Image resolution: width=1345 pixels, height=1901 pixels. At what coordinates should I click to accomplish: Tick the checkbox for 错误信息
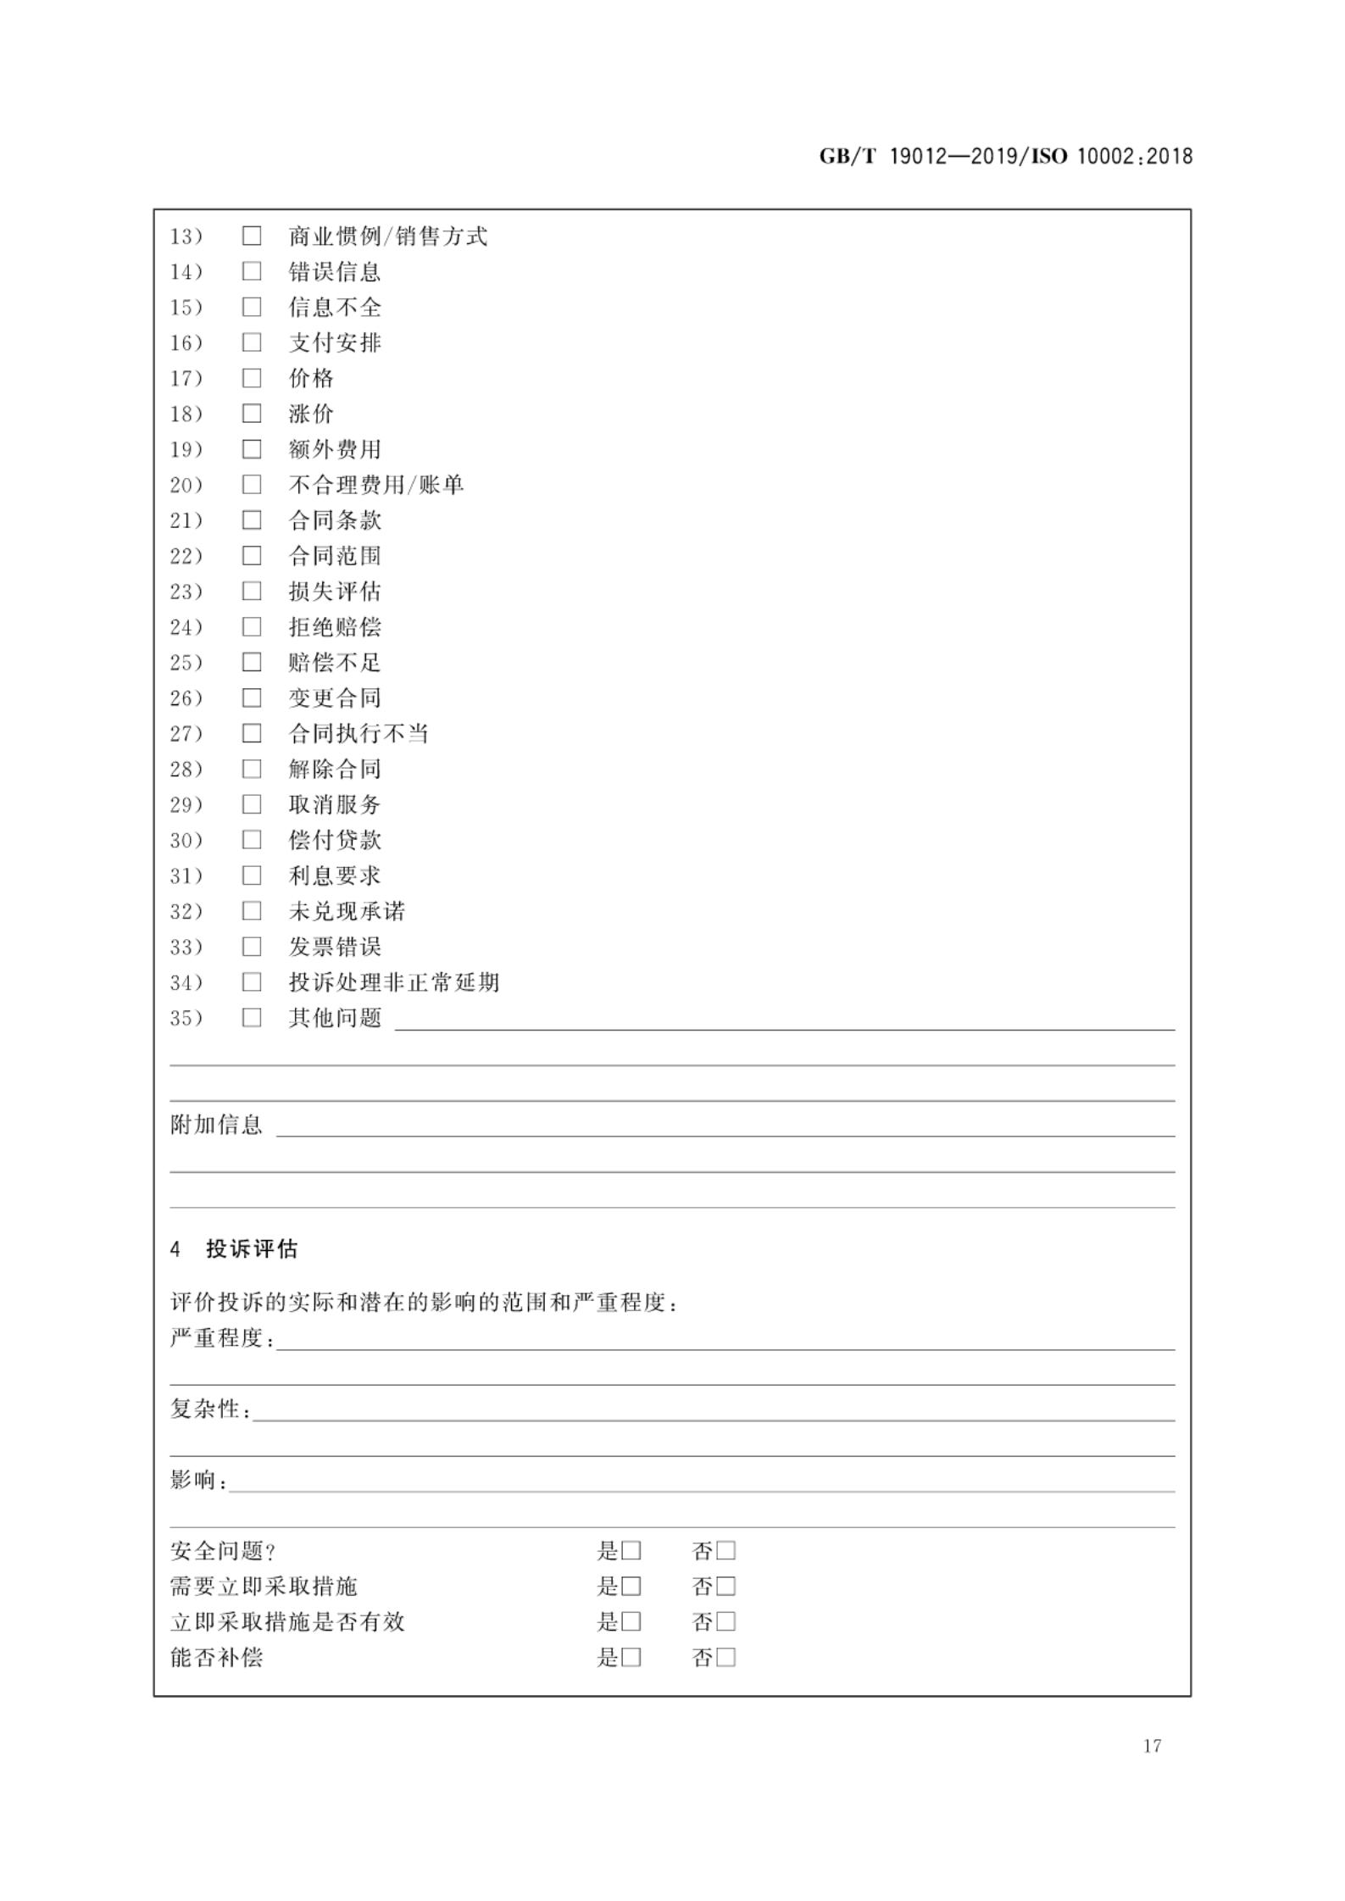click(252, 271)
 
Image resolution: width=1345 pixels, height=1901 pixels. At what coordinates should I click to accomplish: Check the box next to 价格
click(252, 378)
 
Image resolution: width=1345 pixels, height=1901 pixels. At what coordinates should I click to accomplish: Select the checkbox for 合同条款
click(252, 520)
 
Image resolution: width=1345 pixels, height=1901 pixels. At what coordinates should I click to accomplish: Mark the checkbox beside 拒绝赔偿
click(252, 627)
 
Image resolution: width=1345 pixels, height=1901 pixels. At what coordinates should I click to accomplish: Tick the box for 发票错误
click(252, 947)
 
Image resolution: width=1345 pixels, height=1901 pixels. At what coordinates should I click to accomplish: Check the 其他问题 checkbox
click(252, 1018)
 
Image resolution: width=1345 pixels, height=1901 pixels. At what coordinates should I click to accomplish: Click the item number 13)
click(186, 236)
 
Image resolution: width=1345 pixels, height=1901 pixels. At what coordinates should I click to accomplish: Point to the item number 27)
click(186, 734)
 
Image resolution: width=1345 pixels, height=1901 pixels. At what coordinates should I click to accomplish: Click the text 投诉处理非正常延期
click(394, 982)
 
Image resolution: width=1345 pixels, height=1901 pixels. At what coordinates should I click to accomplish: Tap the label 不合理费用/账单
click(376, 485)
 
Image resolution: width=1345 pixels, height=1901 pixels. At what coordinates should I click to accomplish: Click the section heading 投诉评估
click(252, 1249)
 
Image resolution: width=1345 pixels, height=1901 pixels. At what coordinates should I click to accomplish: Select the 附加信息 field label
click(217, 1125)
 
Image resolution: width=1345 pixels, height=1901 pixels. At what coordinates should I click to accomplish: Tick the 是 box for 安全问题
click(631, 1551)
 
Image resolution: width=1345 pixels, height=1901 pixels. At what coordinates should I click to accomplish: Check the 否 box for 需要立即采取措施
click(726, 1587)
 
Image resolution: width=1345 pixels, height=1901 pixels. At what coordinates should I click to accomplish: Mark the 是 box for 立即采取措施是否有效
click(631, 1622)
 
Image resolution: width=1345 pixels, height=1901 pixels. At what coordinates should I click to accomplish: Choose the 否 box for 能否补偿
click(726, 1658)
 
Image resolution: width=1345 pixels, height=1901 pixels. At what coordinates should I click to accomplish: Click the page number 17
click(1152, 1745)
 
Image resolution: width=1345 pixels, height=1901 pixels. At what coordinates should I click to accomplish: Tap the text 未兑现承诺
click(347, 911)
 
